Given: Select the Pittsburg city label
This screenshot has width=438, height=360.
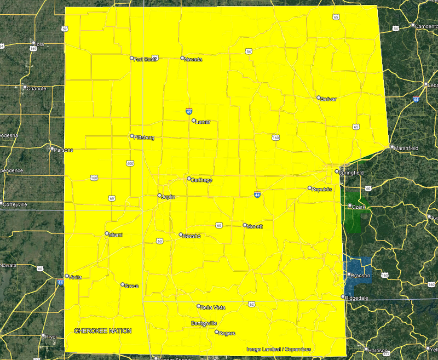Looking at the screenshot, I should click(144, 138).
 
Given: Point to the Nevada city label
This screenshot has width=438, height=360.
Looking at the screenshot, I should click(193, 59).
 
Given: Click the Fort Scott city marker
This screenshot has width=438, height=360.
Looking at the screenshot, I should click(131, 58).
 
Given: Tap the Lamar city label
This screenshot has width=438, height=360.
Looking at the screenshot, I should click(203, 122).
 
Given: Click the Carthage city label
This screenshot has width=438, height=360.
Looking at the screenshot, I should click(201, 180).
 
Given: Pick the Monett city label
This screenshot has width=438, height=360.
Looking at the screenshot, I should click(255, 226).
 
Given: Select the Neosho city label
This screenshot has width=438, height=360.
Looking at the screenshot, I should click(192, 236).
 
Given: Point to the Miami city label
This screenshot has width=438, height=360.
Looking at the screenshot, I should click(116, 235).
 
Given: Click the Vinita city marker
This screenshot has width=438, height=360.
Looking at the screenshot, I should click(67, 276).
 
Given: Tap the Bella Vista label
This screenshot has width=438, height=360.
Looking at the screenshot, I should click(213, 307).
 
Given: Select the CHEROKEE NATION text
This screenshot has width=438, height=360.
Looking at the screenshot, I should click(102, 331).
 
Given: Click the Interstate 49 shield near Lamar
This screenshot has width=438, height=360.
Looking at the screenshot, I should click(189, 111).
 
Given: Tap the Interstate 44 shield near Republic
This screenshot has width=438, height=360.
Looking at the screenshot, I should click(257, 194).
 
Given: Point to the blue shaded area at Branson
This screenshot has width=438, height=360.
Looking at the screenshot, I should click(356, 268).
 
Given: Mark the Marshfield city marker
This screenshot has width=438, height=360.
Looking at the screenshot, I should click(391, 147).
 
